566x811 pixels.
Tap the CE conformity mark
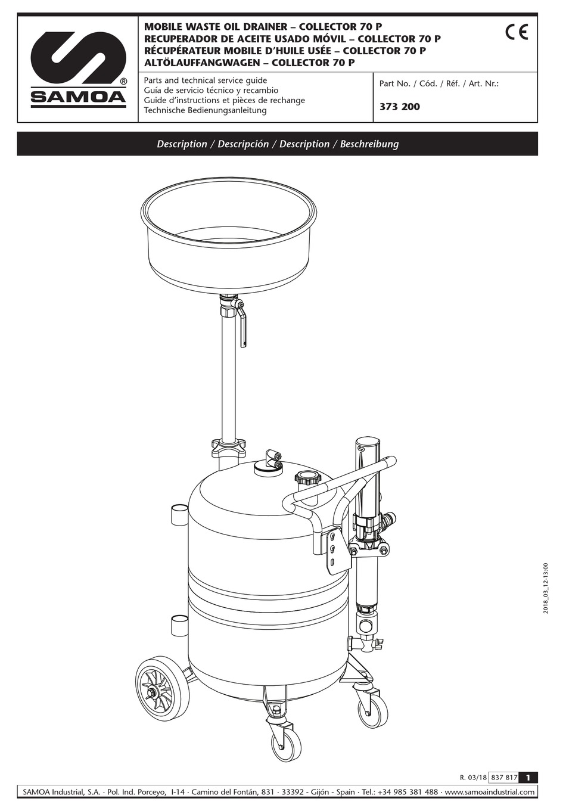[x=516, y=32]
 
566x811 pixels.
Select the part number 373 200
[x=399, y=107]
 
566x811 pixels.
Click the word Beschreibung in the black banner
[x=369, y=144]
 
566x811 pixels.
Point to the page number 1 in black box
[x=528, y=777]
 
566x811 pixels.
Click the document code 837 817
[x=503, y=777]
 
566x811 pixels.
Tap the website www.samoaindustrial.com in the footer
[x=490, y=792]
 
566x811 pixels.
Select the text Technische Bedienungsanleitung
[x=205, y=110]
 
